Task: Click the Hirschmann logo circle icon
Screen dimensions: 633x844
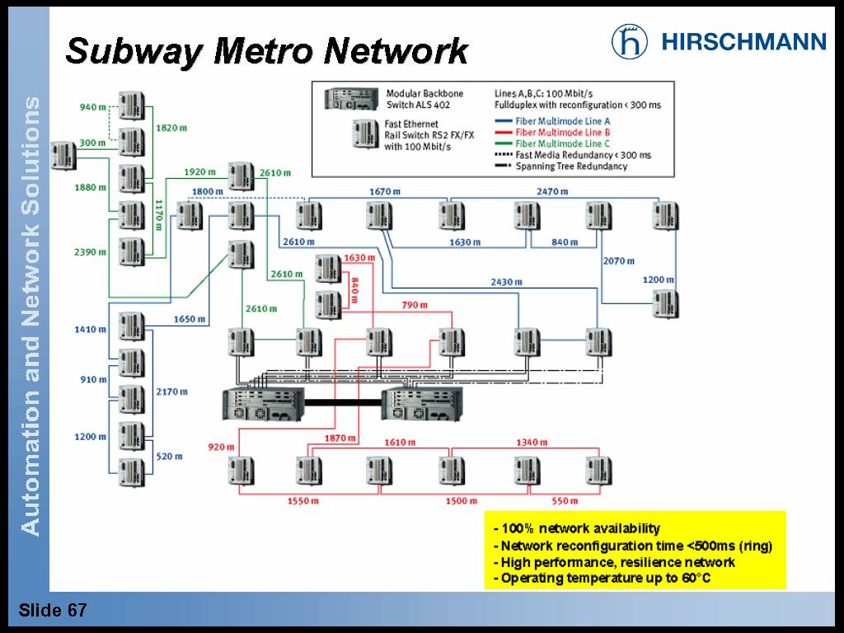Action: (630, 41)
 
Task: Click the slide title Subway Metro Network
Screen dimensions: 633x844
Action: (267, 51)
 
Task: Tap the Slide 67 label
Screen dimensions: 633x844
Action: (53, 611)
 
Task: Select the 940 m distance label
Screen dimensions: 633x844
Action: (92, 107)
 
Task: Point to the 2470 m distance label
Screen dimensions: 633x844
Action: (552, 191)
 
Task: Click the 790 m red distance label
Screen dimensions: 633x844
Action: (415, 305)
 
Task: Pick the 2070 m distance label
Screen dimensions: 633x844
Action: (618, 261)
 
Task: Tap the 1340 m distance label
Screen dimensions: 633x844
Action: (532, 443)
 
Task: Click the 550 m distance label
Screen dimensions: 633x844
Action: (565, 501)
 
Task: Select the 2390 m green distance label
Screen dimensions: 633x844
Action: (91, 251)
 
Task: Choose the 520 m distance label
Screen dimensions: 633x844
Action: (169, 456)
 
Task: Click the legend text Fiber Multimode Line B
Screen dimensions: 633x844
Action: (562, 132)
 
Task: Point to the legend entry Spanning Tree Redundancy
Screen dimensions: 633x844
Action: (571, 166)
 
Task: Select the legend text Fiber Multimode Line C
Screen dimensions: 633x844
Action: (562, 143)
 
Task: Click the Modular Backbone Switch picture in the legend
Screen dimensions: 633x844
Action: (352, 98)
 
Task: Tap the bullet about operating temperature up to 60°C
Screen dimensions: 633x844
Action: (602, 579)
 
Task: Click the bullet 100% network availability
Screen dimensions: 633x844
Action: (577, 528)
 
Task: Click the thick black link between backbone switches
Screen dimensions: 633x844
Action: (344, 403)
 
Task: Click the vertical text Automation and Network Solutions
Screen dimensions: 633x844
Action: (30, 316)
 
